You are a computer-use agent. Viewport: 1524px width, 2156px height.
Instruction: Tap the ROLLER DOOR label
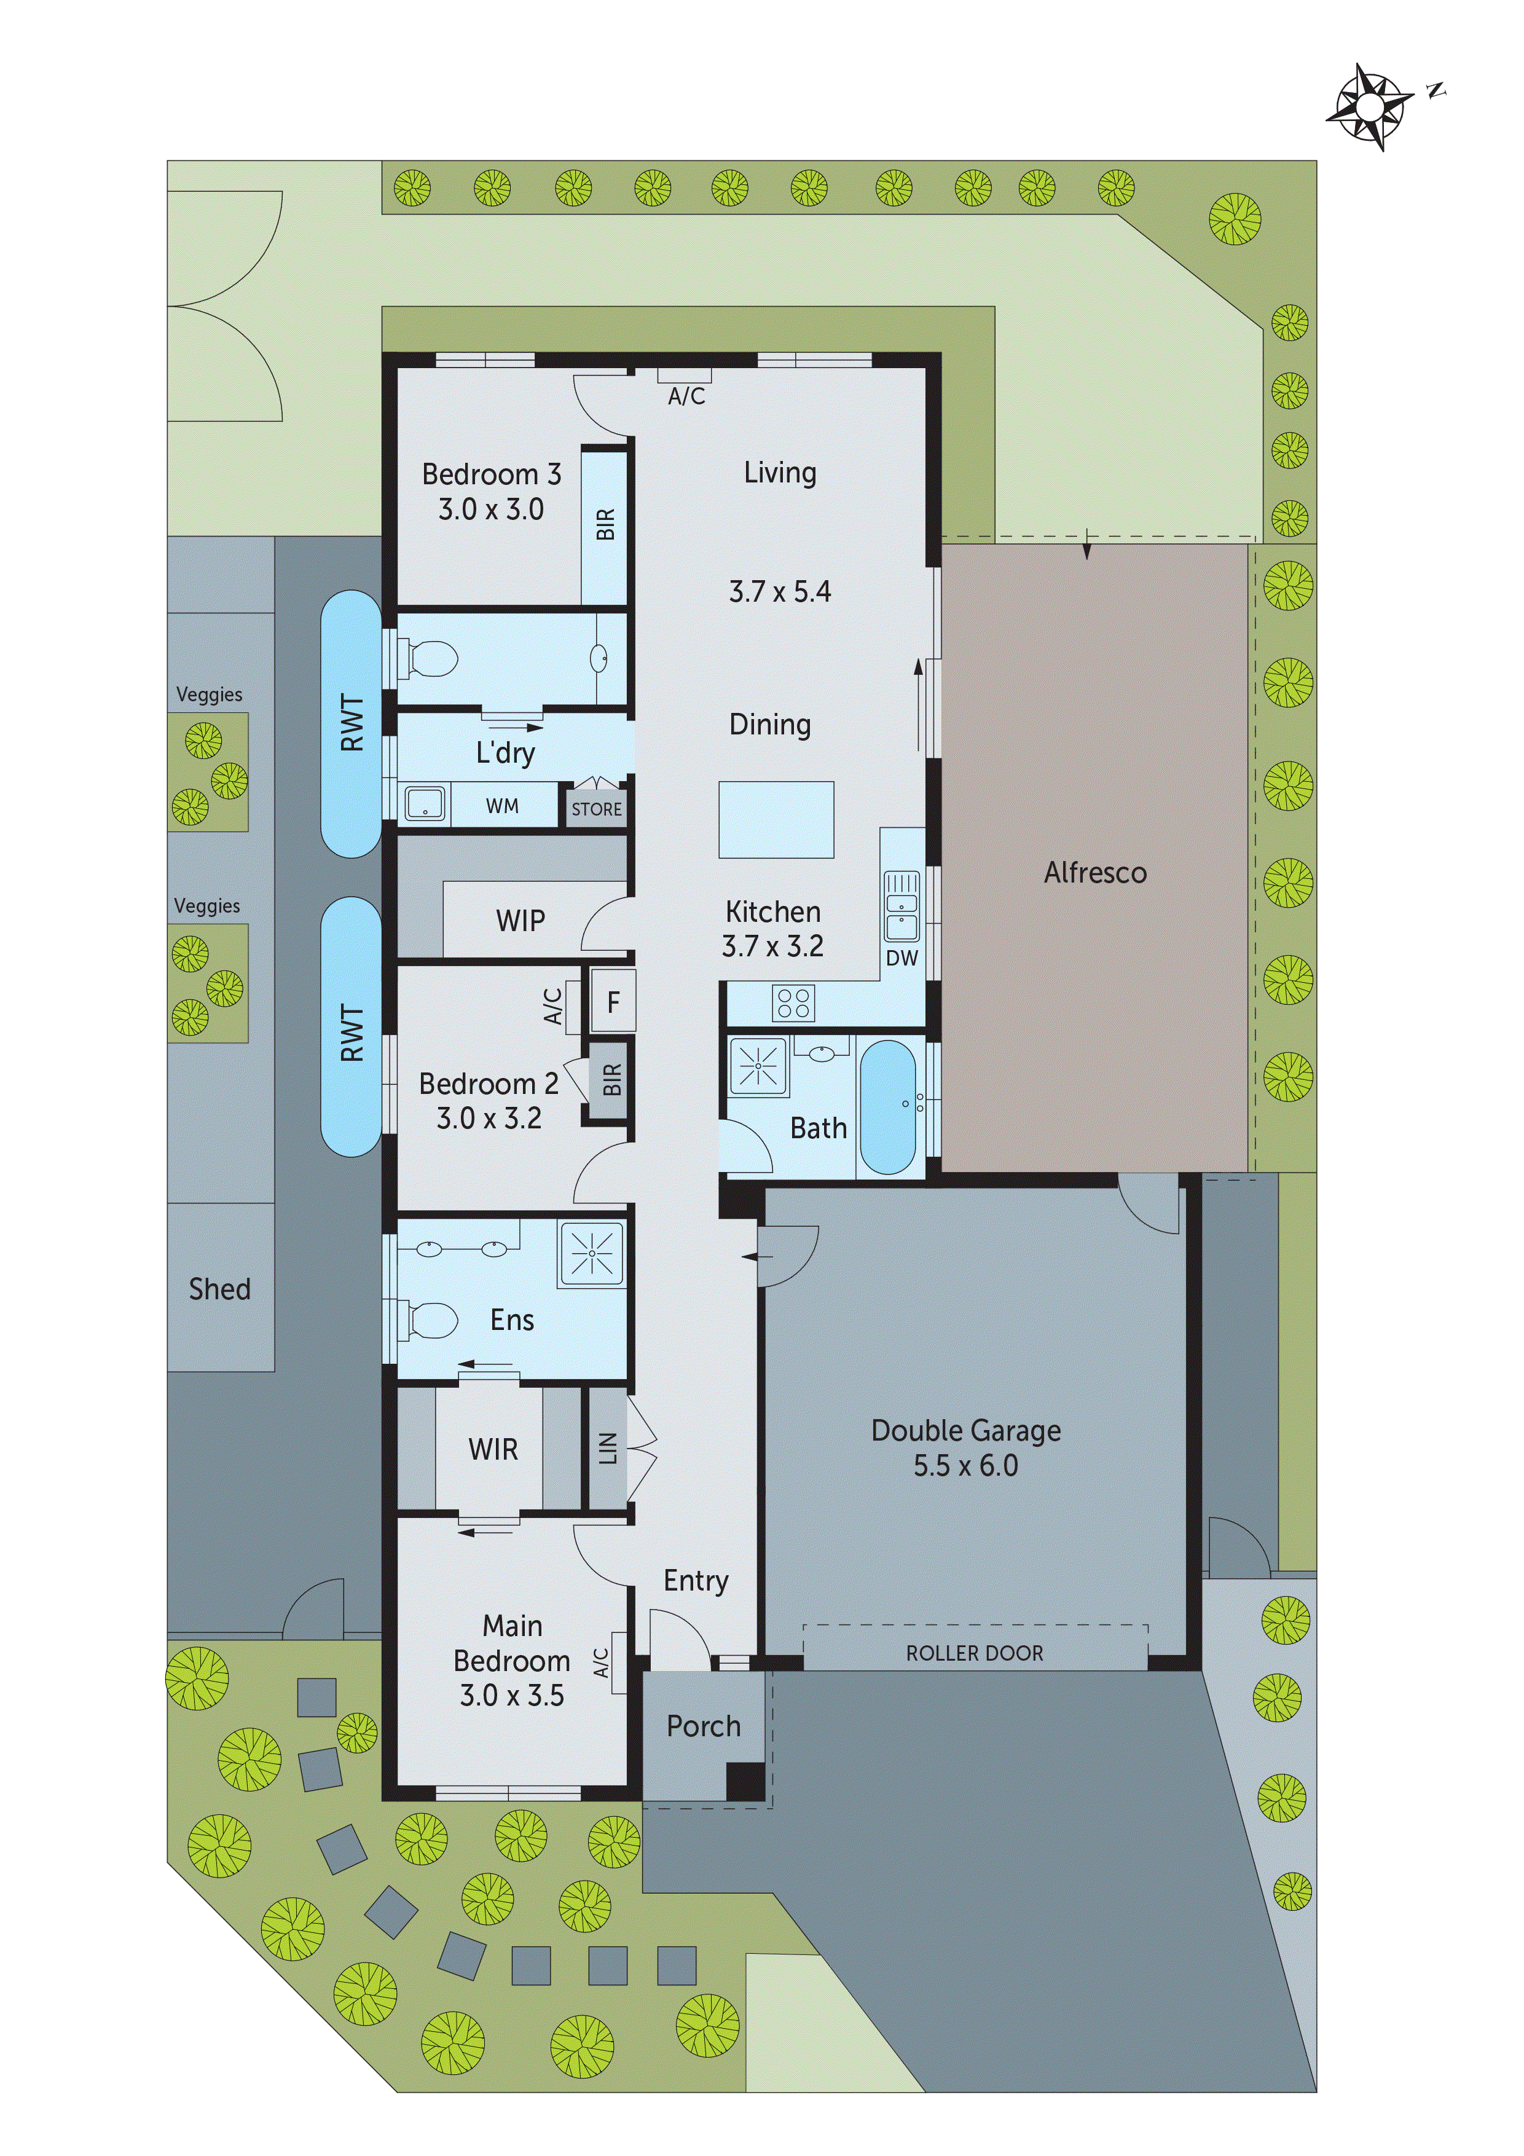click(x=974, y=1654)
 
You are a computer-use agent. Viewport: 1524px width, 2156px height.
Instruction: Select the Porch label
click(x=703, y=1726)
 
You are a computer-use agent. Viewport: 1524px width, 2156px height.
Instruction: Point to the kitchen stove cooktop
click(x=793, y=1003)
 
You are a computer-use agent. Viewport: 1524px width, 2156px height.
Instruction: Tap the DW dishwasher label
click(x=901, y=958)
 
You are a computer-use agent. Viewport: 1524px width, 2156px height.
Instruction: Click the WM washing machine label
click(x=501, y=806)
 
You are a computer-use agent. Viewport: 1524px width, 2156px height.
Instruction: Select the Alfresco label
click(x=1095, y=873)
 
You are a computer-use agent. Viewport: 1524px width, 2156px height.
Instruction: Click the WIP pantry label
click(x=520, y=920)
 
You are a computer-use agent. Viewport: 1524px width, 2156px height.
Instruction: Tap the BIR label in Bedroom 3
click(x=606, y=524)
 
